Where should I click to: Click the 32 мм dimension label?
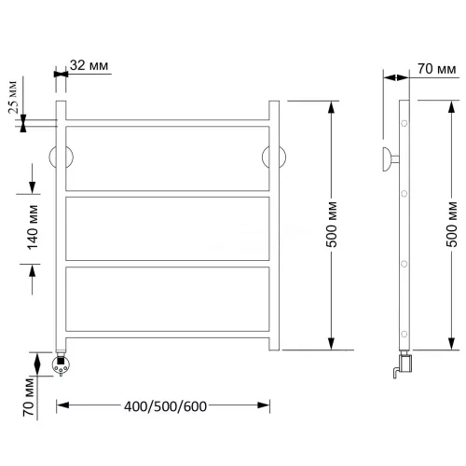point(89,65)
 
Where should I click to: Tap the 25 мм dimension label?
point(13,97)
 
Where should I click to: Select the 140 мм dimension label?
point(33,227)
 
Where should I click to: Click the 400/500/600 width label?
point(165,406)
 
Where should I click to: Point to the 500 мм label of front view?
point(332,225)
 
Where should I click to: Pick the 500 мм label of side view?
point(452,225)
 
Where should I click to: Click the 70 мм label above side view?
point(437,69)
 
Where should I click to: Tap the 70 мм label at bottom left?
point(28,397)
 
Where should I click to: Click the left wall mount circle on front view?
point(61,157)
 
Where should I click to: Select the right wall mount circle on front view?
point(274,157)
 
